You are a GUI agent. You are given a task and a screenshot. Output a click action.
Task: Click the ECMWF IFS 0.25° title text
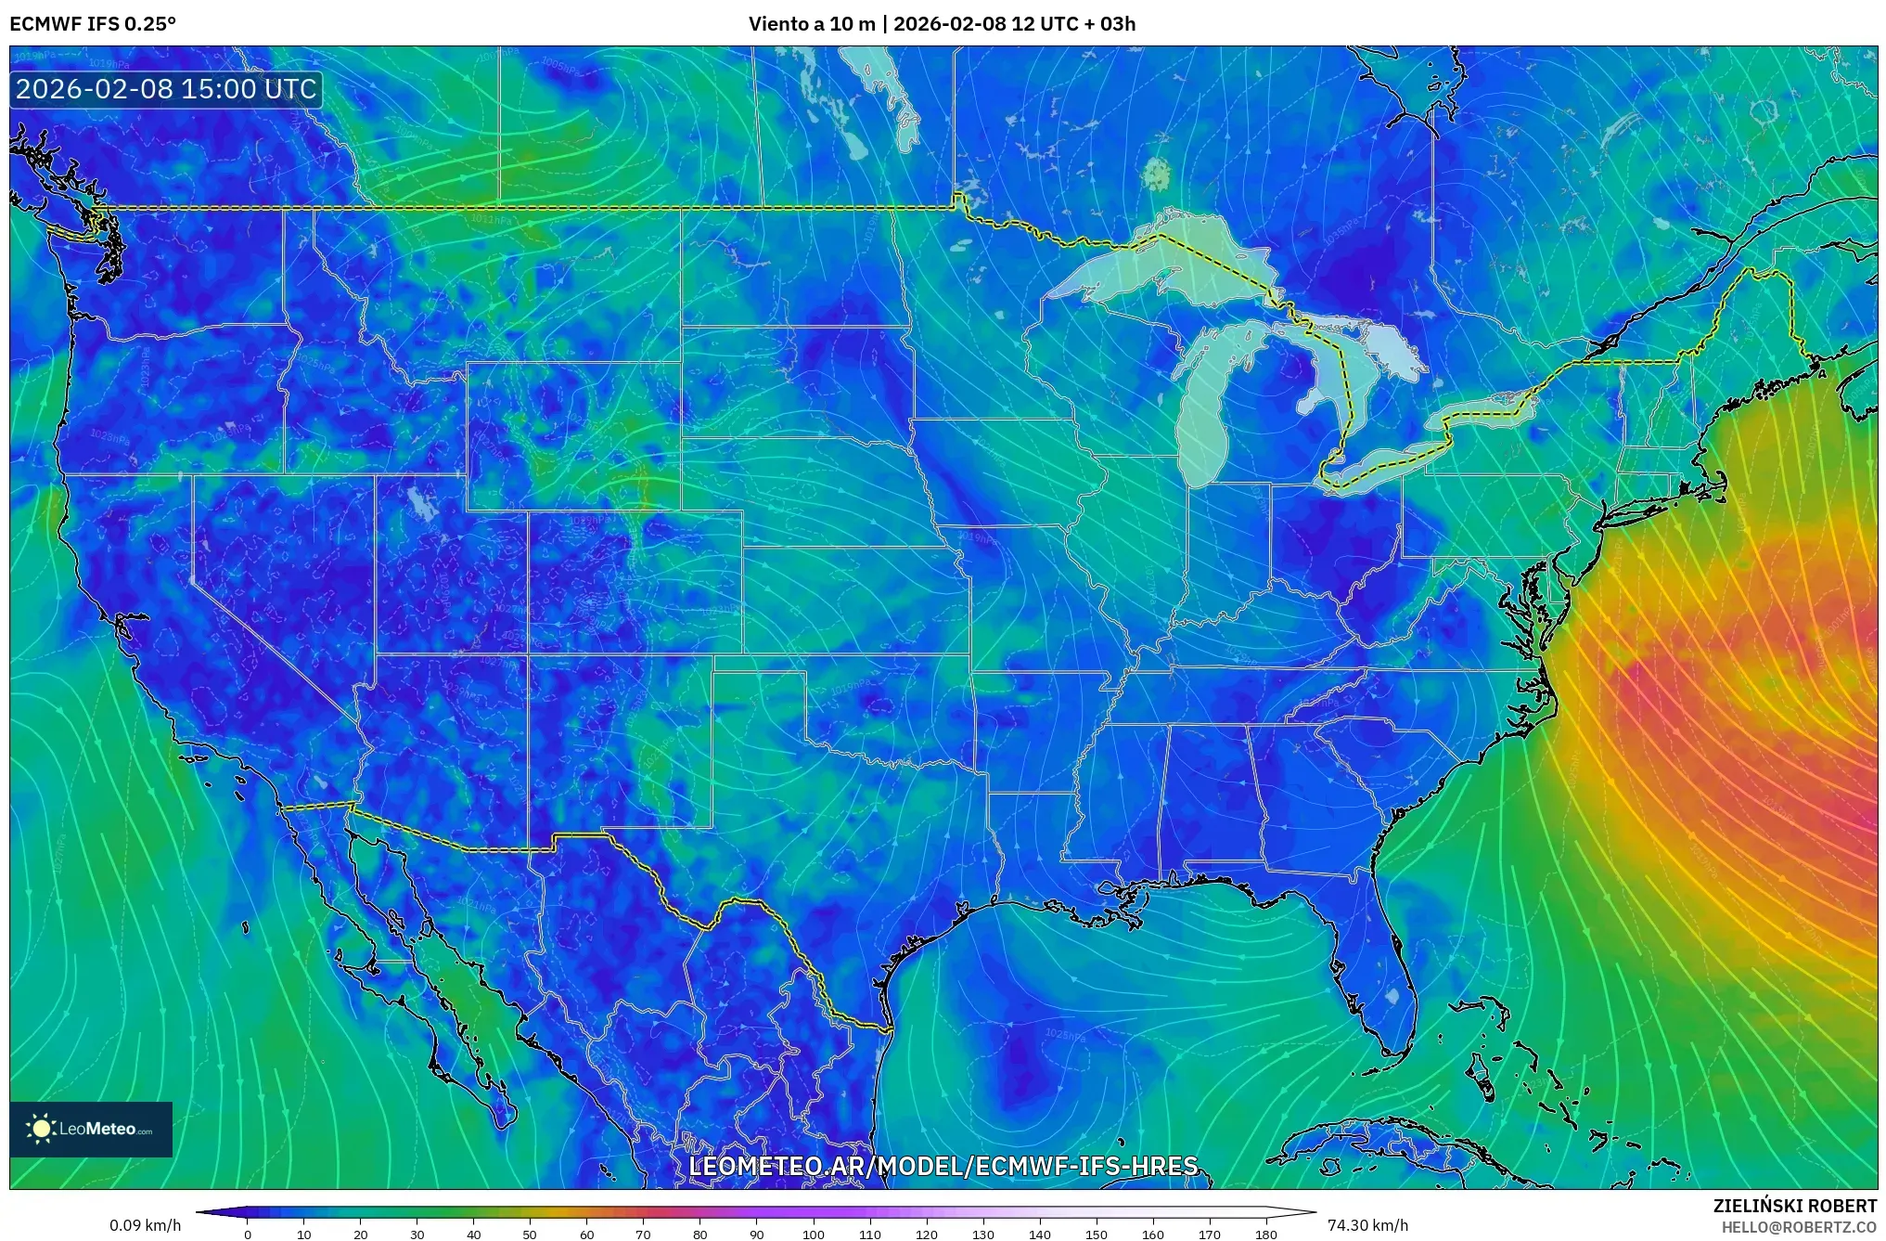[93, 23]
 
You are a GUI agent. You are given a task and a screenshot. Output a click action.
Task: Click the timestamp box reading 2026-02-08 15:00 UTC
[167, 89]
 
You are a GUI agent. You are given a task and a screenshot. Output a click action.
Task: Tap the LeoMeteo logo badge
[91, 1129]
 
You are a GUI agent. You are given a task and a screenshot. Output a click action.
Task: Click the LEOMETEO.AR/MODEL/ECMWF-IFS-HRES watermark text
[943, 1166]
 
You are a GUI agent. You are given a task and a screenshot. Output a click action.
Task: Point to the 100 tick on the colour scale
[813, 1235]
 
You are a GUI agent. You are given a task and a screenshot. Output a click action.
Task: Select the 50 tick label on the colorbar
[530, 1235]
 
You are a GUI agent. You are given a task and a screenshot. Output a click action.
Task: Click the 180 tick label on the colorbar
[1265, 1235]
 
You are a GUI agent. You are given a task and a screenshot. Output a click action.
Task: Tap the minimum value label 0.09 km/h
[145, 1225]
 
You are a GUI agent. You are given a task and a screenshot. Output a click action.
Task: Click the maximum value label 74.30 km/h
[1367, 1225]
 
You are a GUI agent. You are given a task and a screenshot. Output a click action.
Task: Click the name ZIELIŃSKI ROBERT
[1794, 1206]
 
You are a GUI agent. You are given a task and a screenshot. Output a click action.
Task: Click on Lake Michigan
[1204, 418]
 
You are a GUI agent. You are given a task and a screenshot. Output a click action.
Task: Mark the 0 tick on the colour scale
[247, 1235]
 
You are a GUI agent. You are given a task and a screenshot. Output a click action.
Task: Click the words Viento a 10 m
[811, 23]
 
